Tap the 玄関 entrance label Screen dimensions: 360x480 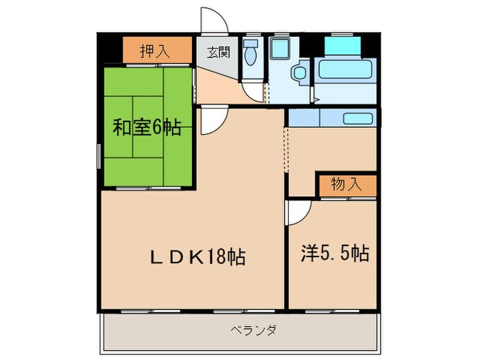[x=219, y=50]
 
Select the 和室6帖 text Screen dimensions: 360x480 [x=147, y=127]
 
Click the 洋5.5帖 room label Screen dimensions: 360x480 [x=335, y=254]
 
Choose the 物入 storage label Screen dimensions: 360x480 [x=346, y=184]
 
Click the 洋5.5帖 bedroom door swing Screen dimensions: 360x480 [x=298, y=213]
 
